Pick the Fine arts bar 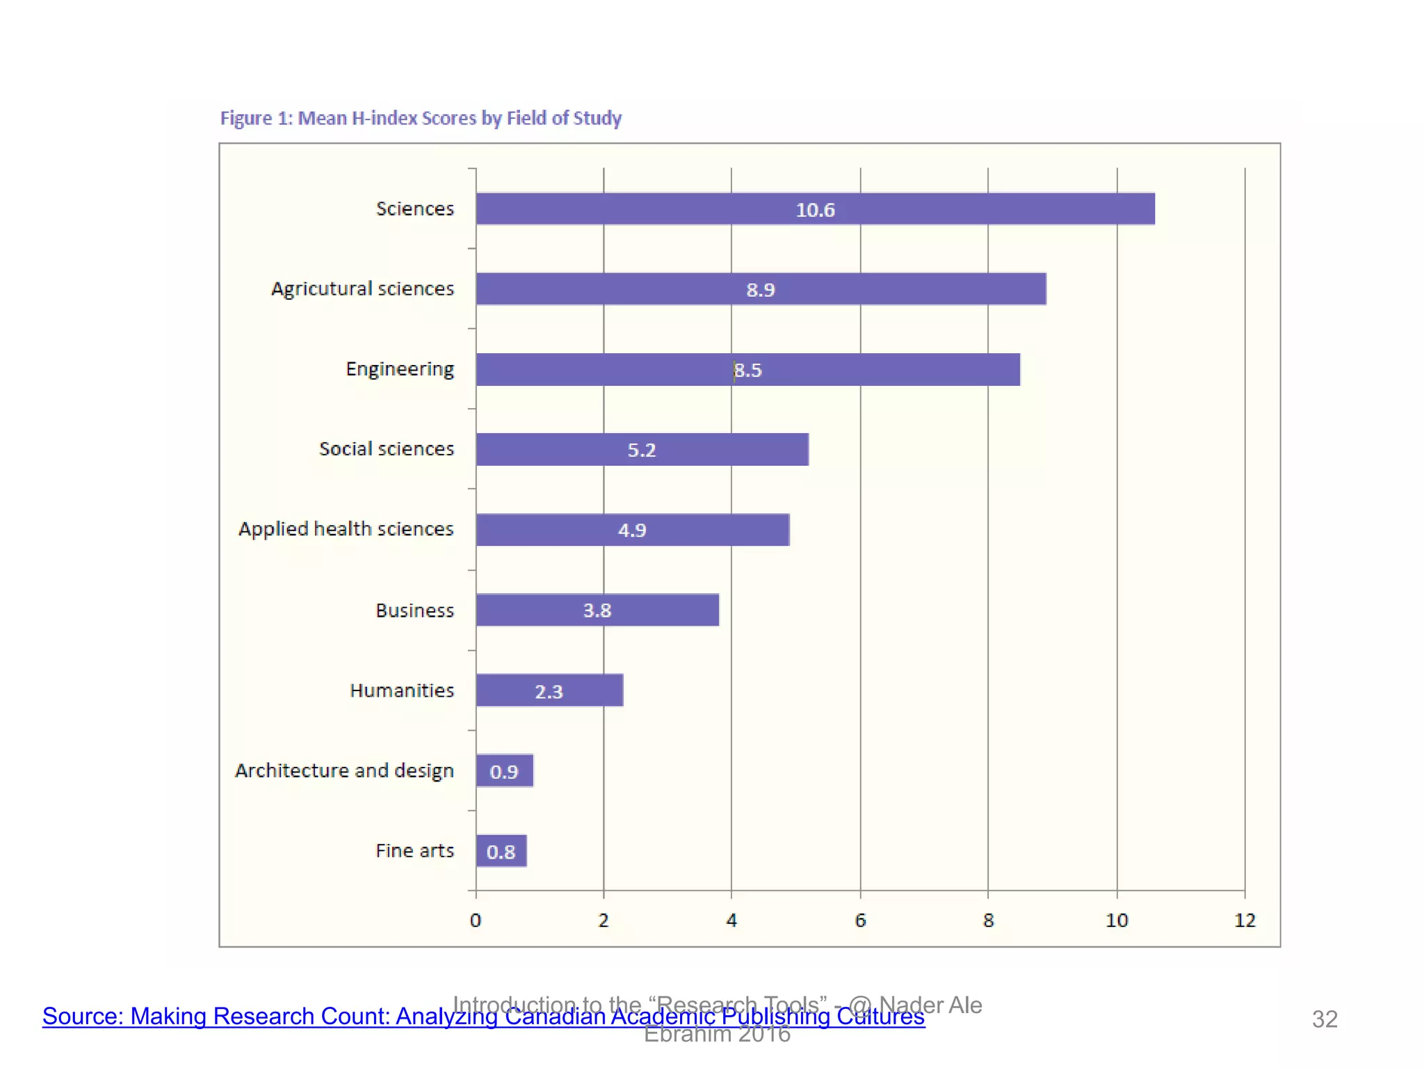(501, 850)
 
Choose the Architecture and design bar (505, 770)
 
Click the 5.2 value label (641, 450)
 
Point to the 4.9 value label (632, 531)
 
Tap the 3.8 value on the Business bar (597, 610)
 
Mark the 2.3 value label (549, 692)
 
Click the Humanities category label (402, 690)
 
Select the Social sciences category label (387, 449)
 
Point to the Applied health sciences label (346, 529)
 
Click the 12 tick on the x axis (1245, 921)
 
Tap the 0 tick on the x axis (476, 921)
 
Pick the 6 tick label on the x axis (860, 921)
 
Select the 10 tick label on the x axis (1117, 921)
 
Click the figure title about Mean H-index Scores (421, 118)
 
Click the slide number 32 (1324, 1019)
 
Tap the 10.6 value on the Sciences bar (815, 210)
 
